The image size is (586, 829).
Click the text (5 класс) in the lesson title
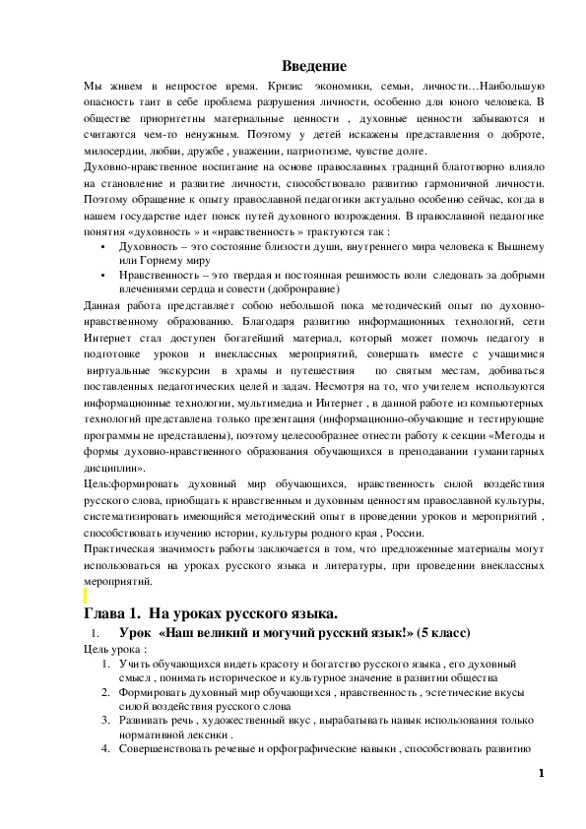442,632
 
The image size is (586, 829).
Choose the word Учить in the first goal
135,665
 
